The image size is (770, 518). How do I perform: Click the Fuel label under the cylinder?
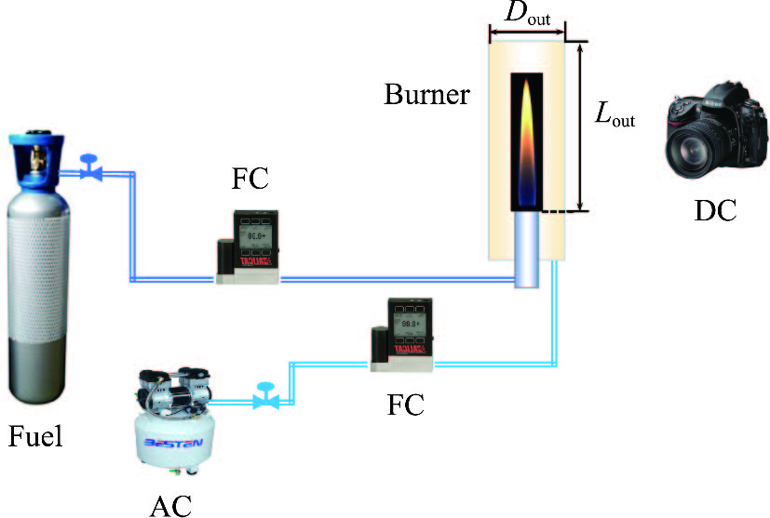[x=36, y=435]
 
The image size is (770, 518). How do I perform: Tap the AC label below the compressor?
[x=170, y=504]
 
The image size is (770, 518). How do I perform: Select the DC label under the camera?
[x=715, y=211]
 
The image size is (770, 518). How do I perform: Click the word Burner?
[x=426, y=95]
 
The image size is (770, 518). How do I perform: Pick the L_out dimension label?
[x=615, y=115]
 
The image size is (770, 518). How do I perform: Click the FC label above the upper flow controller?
[x=250, y=179]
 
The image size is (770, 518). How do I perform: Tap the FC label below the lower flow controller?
[x=406, y=405]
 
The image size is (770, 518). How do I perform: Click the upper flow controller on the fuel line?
[x=250, y=246]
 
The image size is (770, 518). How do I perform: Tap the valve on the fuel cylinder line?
[x=90, y=169]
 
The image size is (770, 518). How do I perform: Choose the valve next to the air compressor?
[x=267, y=398]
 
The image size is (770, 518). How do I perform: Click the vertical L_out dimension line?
[x=581, y=126]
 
